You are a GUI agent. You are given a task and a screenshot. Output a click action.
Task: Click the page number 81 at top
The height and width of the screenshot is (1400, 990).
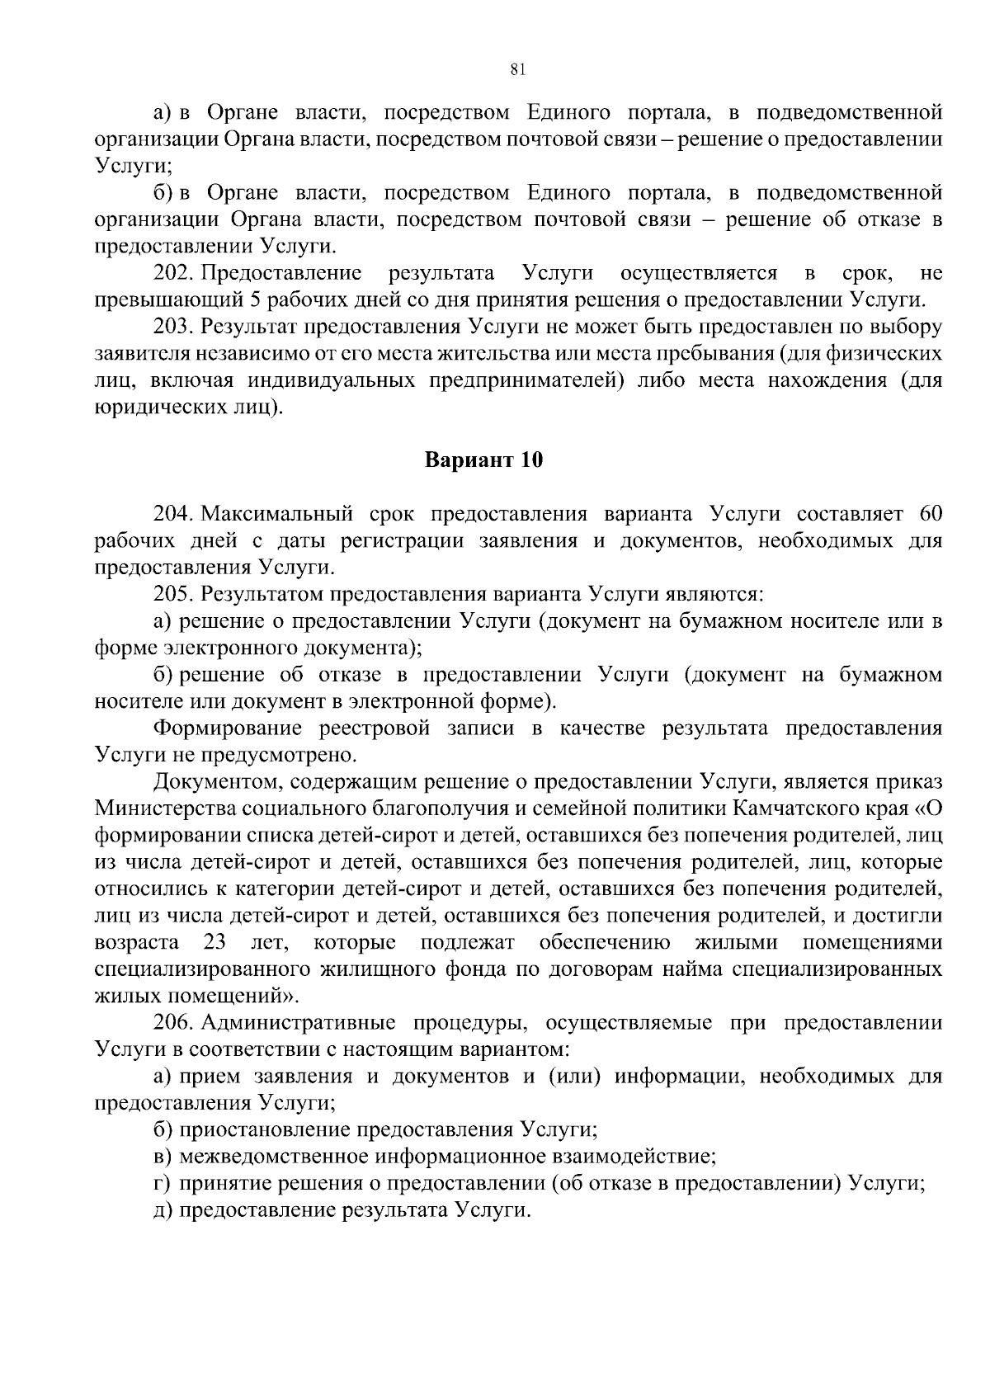click(x=518, y=70)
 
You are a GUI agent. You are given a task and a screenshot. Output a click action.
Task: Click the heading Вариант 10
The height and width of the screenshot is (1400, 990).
click(x=484, y=460)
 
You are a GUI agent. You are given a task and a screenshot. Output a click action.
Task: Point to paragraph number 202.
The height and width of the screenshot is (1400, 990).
click(x=173, y=272)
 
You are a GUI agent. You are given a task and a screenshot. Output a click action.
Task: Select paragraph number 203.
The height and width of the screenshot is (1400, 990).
click(x=173, y=326)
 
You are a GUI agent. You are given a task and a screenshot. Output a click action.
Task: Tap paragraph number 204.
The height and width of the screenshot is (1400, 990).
click(x=173, y=514)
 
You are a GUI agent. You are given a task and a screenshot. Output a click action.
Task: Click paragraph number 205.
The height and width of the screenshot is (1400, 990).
click(x=173, y=594)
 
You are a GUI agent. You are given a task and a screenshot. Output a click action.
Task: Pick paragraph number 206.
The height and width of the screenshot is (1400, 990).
click(x=173, y=1023)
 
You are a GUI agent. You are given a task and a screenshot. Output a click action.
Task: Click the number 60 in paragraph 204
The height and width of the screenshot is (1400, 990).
click(x=929, y=514)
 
